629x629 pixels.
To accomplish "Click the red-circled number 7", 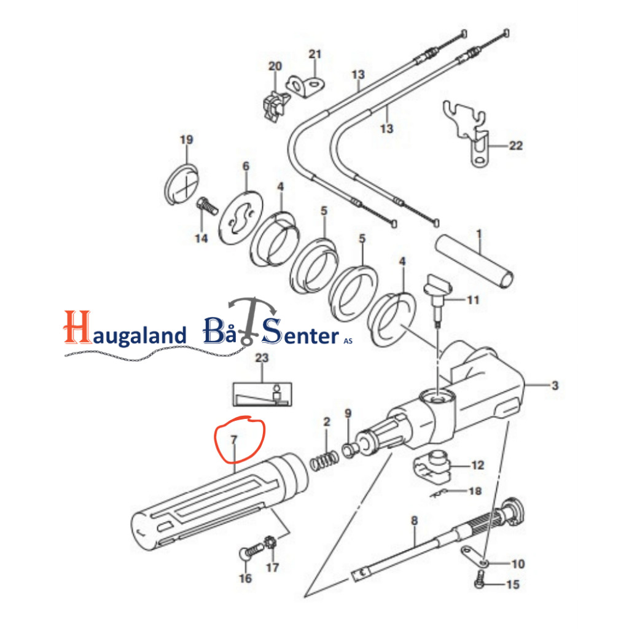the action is tap(233, 440).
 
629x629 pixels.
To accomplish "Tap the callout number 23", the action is tap(262, 358).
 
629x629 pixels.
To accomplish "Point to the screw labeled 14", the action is tap(207, 206).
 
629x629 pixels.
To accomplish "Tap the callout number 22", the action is tap(515, 146).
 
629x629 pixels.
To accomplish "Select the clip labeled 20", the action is tap(275, 106).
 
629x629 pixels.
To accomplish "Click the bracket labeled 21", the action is tap(305, 86).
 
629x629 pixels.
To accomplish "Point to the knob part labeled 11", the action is tap(438, 299).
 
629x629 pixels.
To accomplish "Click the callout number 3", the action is tap(555, 386).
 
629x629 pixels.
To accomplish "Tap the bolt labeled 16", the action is tap(251, 552).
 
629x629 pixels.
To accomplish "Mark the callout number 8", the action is tap(415, 521).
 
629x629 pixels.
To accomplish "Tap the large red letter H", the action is tap(77, 327).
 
